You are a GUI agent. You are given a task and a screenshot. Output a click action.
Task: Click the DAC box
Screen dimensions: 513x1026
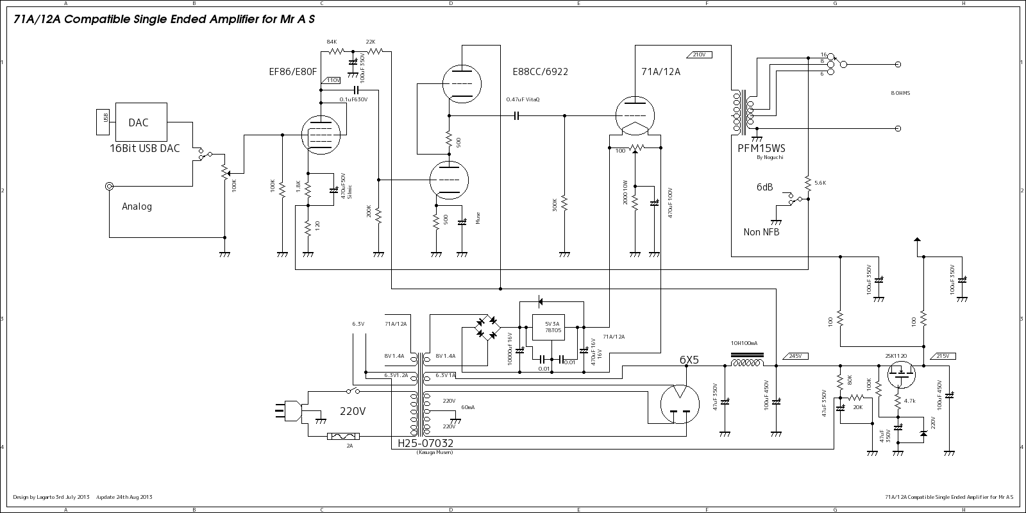coord(141,122)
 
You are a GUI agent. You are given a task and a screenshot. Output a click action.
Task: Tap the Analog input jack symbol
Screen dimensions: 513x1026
coord(110,187)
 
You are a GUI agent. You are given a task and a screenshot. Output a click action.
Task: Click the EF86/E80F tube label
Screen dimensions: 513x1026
coord(292,72)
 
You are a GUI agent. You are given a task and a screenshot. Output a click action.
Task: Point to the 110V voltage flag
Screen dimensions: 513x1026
coord(333,81)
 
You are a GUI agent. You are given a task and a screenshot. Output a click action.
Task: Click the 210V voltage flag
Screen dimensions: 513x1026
coord(698,55)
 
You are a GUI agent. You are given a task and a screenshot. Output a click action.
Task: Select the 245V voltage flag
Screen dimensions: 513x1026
coord(795,356)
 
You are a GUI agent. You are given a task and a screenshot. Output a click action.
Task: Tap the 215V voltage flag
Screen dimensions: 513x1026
coord(942,356)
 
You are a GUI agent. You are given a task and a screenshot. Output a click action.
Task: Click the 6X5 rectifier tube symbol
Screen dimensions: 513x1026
coord(678,403)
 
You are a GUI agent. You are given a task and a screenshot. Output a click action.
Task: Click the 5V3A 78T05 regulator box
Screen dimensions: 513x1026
coord(552,328)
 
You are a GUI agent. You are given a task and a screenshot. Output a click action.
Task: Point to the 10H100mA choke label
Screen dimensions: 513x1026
coord(744,343)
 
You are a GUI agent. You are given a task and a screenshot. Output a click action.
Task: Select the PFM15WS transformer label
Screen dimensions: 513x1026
coord(761,149)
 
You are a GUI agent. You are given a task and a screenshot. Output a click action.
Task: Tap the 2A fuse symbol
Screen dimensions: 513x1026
coord(343,437)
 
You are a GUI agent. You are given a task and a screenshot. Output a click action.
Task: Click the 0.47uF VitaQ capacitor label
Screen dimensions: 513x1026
coord(523,99)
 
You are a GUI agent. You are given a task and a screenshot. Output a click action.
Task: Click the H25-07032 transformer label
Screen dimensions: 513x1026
coord(425,443)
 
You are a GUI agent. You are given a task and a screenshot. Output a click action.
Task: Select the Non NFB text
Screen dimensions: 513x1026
coord(761,232)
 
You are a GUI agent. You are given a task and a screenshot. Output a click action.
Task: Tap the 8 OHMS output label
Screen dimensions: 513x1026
coord(900,93)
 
